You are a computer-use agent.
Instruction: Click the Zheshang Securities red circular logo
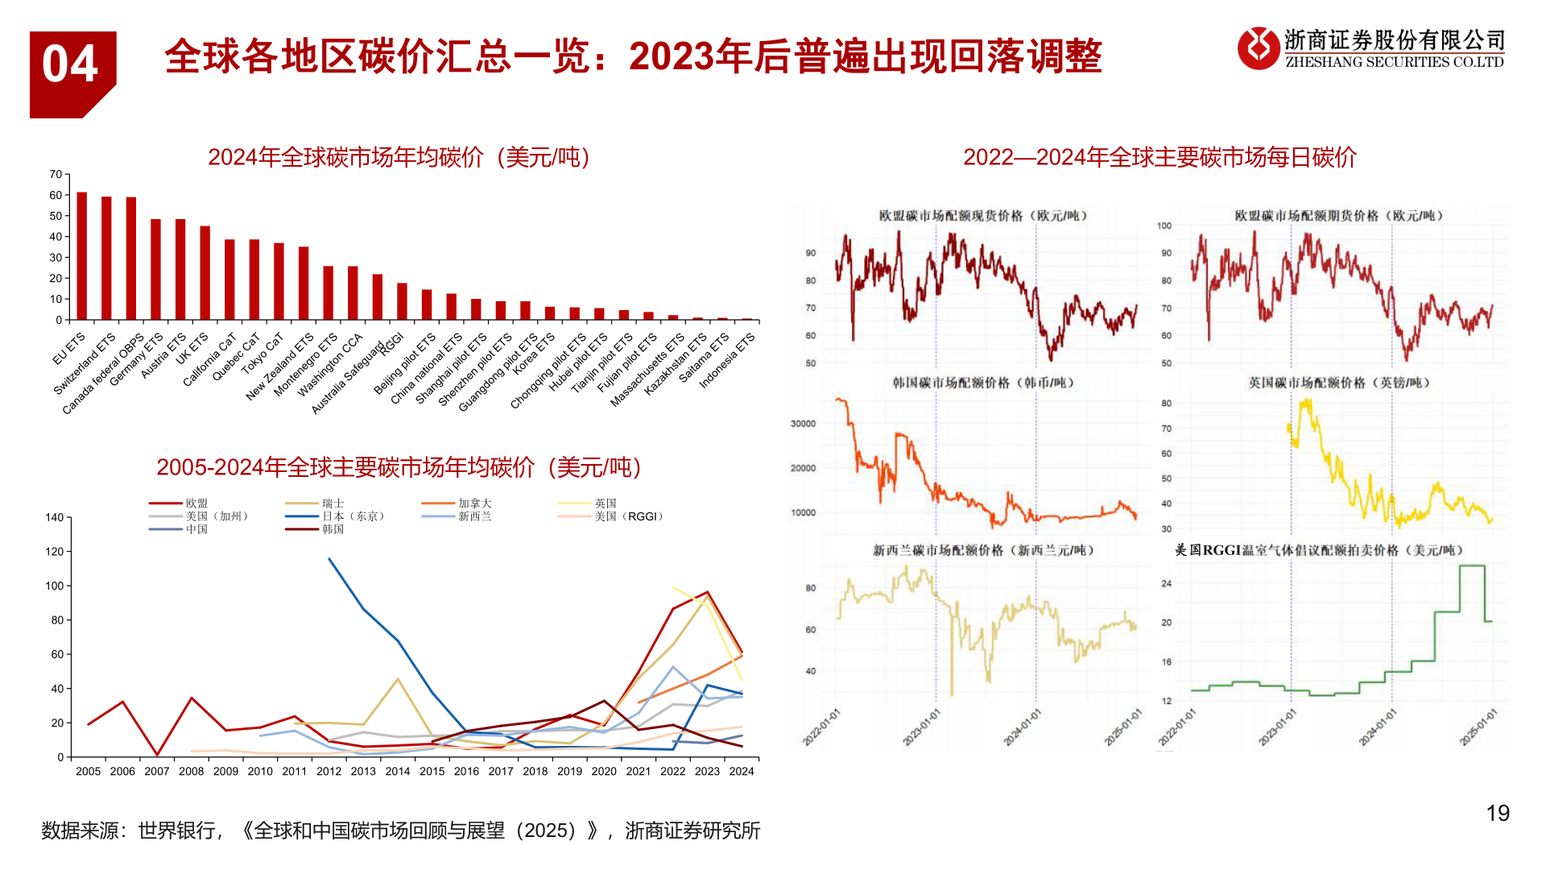click(x=1258, y=48)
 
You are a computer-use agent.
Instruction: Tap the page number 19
click(x=1497, y=814)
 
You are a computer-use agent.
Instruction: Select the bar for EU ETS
click(x=82, y=256)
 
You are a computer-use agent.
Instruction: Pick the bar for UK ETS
click(x=205, y=273)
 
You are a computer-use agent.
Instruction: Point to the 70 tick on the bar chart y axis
click(x=56, y=175)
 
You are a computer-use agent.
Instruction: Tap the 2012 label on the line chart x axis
click(x=329, y=772)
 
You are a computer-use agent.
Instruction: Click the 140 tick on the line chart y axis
click(x=54, y=518)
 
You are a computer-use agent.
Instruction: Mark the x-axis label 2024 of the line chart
click(x=741, y=772)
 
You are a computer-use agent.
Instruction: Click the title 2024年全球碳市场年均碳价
click(x=399, y=157)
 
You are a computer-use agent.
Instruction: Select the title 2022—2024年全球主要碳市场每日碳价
click(x=1159, y=157)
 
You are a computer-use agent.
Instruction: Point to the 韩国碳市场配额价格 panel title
click(x=982, y=383)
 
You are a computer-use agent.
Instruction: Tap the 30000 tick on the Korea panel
click(x=803, y=424)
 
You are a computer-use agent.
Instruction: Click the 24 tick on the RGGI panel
click(x=1167, y=583)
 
